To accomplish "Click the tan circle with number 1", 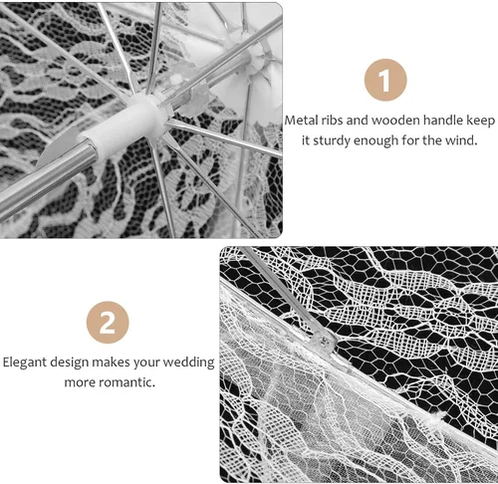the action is [x=385, y=80].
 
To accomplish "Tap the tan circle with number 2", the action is [x=108, y=323].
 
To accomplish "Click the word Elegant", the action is [x=25, y=363].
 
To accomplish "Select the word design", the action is [x=70, y=363].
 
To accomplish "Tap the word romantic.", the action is [x=127, y=382].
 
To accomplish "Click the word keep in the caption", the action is [x=481, y=121].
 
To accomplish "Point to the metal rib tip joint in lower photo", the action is [x=323, y=341].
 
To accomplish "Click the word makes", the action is [x=111, y=363].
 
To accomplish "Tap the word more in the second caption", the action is [x=81, y=382].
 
